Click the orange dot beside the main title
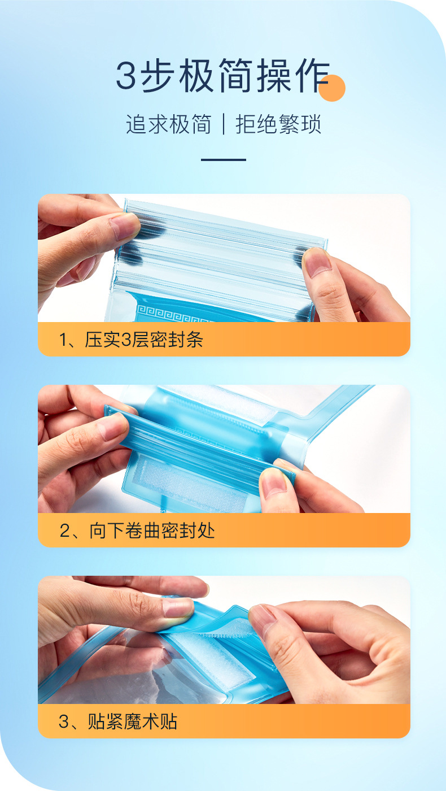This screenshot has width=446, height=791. pos(331,88)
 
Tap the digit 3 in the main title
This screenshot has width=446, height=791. pos(126,76)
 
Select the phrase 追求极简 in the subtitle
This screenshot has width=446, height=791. pos(168,124)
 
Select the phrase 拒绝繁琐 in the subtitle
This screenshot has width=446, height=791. pos(278,124)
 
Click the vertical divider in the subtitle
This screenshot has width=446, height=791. pos(224,124)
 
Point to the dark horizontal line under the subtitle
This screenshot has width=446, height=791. pos(224,160)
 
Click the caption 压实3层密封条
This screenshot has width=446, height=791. pos(143,340)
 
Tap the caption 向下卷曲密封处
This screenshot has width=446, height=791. pos(152,531)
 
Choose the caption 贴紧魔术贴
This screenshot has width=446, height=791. pos(132,722)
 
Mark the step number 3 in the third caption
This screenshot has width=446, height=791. pos(64,722)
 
